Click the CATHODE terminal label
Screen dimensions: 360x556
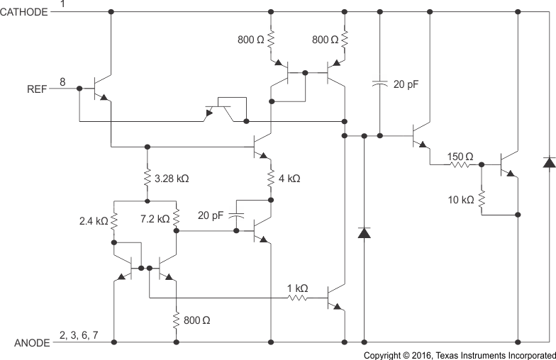(x=25, y=12)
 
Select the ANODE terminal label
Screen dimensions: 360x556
(x=32, y=343)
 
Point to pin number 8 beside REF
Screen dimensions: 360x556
(x=62, y=82)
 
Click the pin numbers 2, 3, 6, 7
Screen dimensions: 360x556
(x=79, y=334)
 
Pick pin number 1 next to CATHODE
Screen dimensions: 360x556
(x=62, y=5)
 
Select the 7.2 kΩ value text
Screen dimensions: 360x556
(x=155, y=218)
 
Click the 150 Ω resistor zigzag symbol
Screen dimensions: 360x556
(x=459, y=165)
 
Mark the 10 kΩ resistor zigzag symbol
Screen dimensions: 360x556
(x=482, y=199)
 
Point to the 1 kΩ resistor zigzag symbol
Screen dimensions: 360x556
(x=297, y=299)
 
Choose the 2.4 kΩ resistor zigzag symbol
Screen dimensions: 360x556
(x=113, y=220)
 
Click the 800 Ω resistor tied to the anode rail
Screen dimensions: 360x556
(x=175, y=320)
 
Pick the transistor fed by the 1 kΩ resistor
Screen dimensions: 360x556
(x=336, y=299)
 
